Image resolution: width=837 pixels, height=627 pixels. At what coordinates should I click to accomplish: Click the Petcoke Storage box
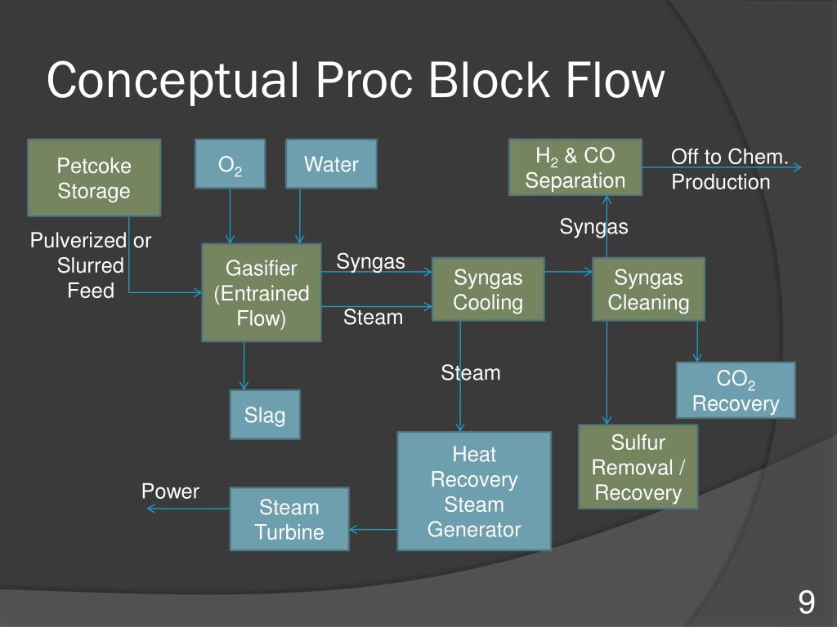coord(94,177)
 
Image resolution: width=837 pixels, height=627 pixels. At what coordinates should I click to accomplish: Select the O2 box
coord(230,163)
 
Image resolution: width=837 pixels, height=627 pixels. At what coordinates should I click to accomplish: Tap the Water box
coord(331,163)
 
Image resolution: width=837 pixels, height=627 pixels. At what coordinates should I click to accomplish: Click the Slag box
coord(265,414)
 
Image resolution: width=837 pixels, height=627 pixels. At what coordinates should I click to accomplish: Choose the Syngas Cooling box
coord(488,289)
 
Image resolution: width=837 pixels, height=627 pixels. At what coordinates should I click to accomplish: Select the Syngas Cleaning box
coord(647,289)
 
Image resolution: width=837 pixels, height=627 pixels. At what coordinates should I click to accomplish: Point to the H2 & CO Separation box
coord(575,167)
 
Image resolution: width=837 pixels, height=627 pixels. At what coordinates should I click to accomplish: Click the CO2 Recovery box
coord(736,390)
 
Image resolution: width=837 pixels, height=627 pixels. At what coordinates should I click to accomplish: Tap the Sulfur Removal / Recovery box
coord(638,467)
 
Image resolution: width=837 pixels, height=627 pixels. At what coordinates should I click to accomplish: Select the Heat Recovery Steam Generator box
coord(474,491)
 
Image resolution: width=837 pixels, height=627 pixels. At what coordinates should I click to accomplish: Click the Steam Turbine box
coord(289,518)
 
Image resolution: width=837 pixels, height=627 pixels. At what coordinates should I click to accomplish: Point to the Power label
coord(170,491)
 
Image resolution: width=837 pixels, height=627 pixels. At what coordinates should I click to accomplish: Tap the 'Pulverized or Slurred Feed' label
coord(91,265)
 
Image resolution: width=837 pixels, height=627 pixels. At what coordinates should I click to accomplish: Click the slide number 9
coord(806,603)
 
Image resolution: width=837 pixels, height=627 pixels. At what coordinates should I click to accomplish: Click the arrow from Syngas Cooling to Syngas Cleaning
coord(569,271)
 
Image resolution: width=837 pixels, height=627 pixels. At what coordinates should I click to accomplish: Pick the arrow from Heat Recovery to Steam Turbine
coord(374,531)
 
